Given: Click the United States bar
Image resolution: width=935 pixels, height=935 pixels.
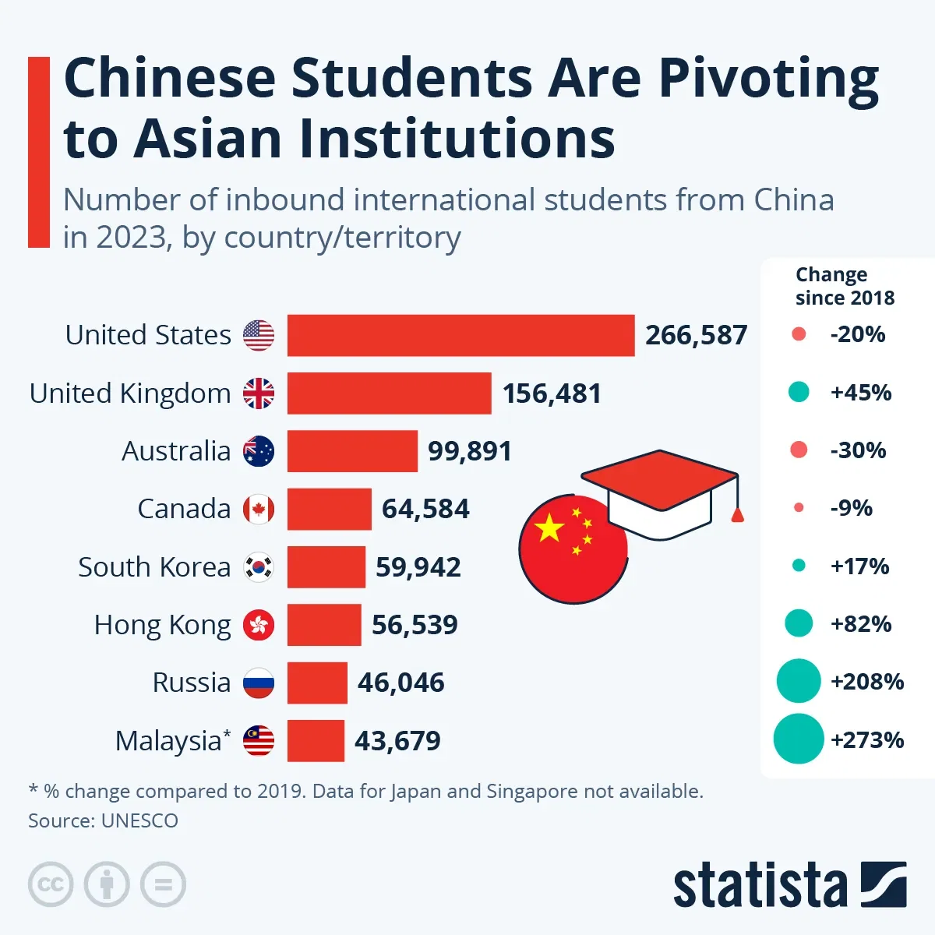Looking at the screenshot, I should [460, 335].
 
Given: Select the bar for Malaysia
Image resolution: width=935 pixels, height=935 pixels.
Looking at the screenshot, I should [316, 740].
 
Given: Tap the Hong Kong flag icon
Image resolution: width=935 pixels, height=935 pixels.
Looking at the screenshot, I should [259, 625].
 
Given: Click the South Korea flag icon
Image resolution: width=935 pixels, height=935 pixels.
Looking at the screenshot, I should [259, 567].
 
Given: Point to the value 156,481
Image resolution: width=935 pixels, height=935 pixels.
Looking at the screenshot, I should [552, 393].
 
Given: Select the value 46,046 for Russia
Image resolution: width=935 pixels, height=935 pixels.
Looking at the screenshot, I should [400, 683].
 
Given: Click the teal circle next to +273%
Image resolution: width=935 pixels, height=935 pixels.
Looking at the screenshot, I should [799, 739].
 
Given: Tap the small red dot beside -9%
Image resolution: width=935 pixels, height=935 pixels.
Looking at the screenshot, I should [798, 508].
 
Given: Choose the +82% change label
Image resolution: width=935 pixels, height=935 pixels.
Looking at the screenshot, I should [861, 624].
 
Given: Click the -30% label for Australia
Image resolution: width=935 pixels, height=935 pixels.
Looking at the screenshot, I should [858, 450].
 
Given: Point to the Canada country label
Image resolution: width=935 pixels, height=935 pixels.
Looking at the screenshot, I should [184, 509].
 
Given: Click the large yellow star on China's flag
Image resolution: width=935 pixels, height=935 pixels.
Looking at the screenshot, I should [550, 527].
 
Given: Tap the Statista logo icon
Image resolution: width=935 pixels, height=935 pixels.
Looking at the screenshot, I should [884, 884].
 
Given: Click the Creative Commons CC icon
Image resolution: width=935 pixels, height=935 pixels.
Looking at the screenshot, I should [51, 884].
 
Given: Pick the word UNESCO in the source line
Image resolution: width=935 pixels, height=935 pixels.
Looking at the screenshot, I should [139, 820].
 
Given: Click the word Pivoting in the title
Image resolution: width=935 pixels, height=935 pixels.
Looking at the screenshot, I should [769, 79].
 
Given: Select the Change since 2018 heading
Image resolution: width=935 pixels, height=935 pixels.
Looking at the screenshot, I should [845, 286].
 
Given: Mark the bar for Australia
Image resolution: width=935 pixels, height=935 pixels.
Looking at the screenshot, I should [352, 451].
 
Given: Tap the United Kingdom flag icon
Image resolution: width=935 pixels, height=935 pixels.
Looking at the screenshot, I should [259, 393].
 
